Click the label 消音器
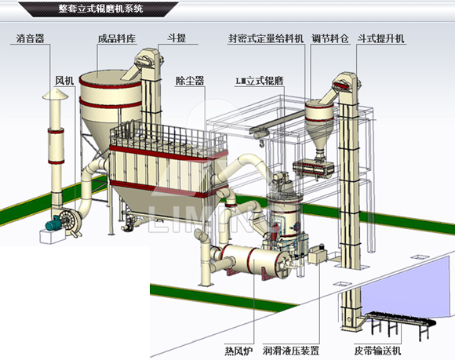point(30,38)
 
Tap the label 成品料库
point(117,38)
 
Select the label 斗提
point(177,38)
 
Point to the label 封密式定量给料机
point(265,38)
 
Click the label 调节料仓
point(330,38)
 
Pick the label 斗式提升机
point(380,38)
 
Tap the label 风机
point(64,80)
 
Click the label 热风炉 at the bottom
point(238,351)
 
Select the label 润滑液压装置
point(291,351)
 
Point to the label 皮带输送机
point(377,351)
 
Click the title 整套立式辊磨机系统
point(100,9)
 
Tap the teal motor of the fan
point(53,225)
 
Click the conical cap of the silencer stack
point(56,95)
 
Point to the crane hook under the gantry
point(261,143)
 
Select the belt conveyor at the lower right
point(400,322)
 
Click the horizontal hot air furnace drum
point(253,260)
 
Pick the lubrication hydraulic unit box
point(318,255)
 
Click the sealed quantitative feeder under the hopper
point(313,169)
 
